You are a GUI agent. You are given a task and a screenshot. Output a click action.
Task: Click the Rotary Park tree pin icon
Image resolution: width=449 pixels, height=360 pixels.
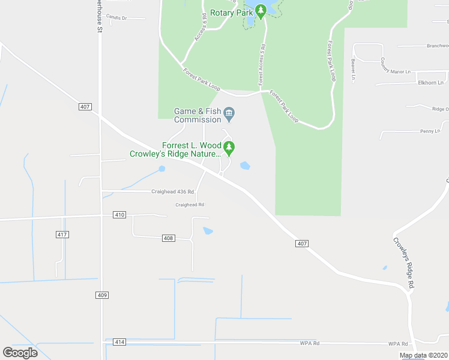pyautogui.click(x=261, y=11)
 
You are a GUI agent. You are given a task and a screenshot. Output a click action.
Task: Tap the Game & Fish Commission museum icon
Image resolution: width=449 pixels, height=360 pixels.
pyautogui.click(x=229, y=113)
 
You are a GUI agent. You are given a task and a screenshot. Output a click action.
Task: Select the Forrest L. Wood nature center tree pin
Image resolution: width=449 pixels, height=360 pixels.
pyautogui.click(x=228, y=147)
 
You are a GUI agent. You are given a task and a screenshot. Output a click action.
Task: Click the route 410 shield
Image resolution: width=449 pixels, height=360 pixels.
pyautogui.click(x=119, y=215)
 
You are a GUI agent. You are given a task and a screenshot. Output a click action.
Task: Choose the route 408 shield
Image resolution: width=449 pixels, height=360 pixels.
pyautogui.click(x=168, y=238)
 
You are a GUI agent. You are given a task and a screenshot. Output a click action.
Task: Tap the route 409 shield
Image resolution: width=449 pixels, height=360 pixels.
pyautogui.click(x=101, y=295)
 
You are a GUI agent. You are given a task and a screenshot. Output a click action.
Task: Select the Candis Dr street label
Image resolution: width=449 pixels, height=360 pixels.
pyautogui.click(x=116, y=18)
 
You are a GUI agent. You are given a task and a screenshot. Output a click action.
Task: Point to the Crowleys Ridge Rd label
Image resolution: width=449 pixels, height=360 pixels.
pyautogui.click(x=404, y=264)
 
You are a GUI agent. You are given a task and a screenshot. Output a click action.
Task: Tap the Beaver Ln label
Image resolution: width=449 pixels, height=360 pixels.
pyautogui.click(x=354, y=70)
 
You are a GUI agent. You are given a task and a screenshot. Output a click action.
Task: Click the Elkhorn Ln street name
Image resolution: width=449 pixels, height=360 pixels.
pyautogui.click(x=432, y=83)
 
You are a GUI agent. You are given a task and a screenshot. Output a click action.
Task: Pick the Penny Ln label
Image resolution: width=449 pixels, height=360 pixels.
pyautogui.click(x=430, y=131)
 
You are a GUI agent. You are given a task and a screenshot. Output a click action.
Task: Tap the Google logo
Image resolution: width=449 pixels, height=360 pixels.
pyautogui.click(x=20, y=352)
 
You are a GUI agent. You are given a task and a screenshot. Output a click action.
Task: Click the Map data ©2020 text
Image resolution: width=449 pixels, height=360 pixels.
pyautogui.click(x=423, y=355)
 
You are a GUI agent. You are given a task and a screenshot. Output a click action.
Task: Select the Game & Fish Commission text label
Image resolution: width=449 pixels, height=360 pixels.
pyautogui.click(x=197, y=115)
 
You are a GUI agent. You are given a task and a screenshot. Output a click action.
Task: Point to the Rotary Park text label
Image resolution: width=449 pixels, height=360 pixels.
pyautogui.click(x=231, y=12)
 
